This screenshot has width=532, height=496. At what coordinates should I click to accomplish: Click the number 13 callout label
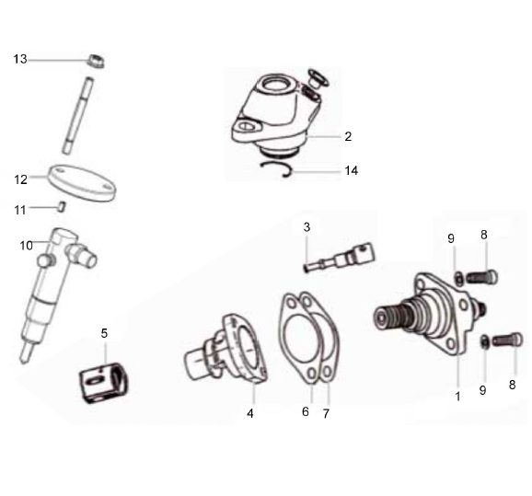(x=20, y=59)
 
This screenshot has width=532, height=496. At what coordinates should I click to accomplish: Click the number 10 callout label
(x=27, y=245)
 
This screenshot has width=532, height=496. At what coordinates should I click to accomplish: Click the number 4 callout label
(x=249, y=413)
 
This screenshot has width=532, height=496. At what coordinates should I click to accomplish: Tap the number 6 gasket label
(x=306, y=413)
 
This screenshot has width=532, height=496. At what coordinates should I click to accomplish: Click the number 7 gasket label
(x=325, y=413)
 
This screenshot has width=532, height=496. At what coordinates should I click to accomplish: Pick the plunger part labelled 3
(x=341, y=256)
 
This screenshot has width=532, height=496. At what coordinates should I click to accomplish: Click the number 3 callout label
(x=307, y=226)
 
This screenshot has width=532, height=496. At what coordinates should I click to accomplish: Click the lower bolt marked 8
(x=507, y=340)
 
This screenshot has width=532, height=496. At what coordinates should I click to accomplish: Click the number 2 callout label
(x=348, y=136)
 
